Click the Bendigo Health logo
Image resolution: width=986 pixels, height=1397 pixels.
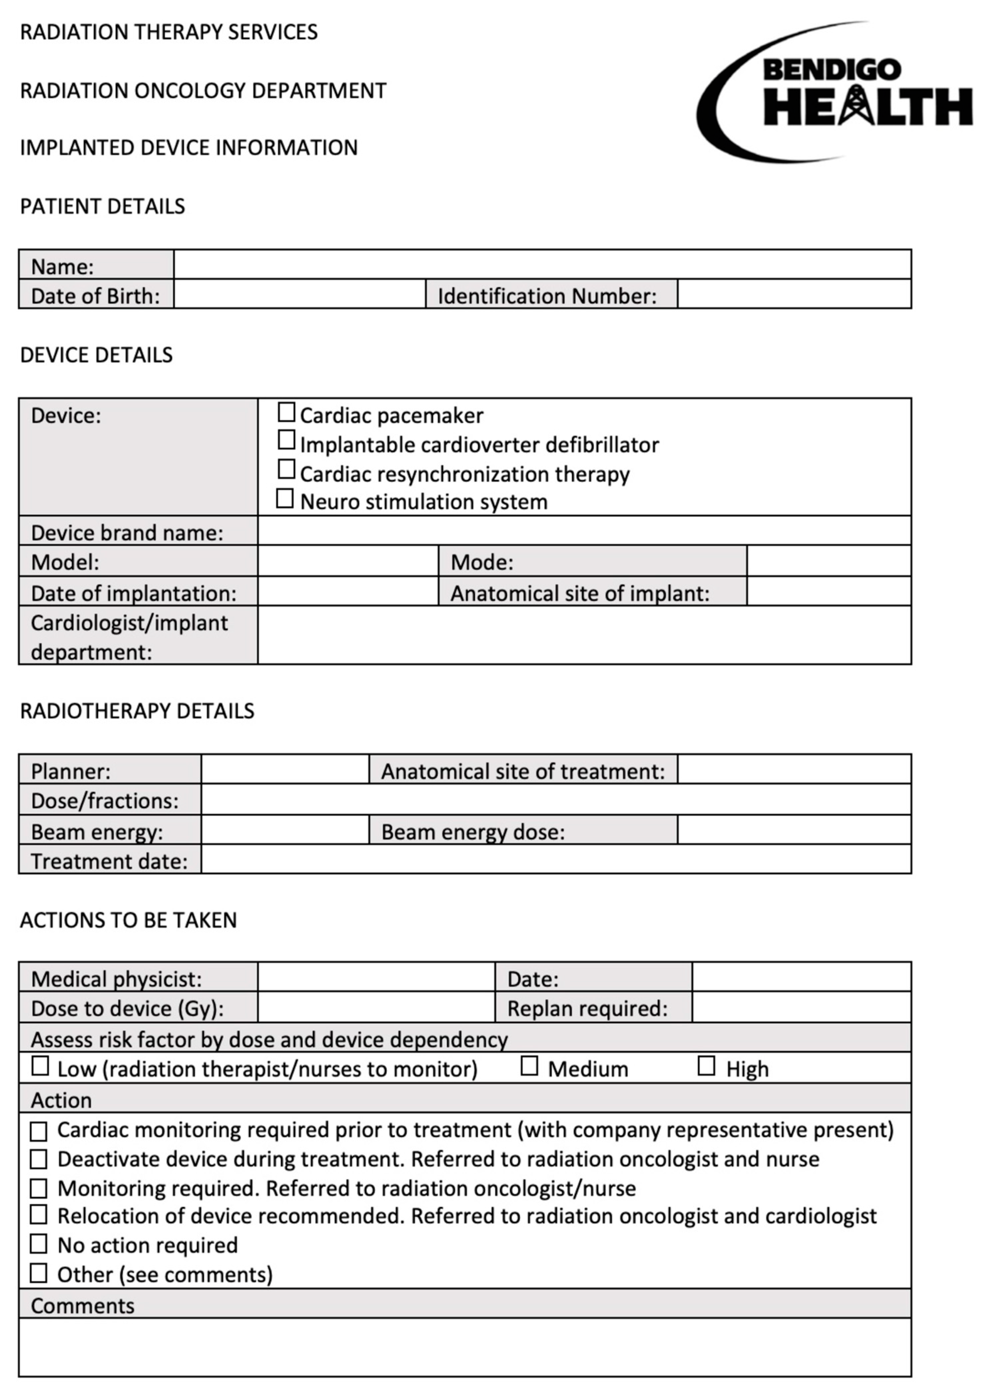(x=833, y=93)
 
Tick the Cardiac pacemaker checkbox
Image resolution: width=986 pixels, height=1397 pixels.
(x=286, y=412)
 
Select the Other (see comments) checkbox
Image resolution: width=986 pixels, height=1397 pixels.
(x=38, y=1272)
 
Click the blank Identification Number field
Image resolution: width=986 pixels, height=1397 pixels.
(x=794, y=295)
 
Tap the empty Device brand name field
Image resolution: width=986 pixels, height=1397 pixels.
(x=584, y=531)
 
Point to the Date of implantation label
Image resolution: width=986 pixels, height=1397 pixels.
(x=134, y=593)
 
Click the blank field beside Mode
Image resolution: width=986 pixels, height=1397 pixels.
(x=828, y=561)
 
